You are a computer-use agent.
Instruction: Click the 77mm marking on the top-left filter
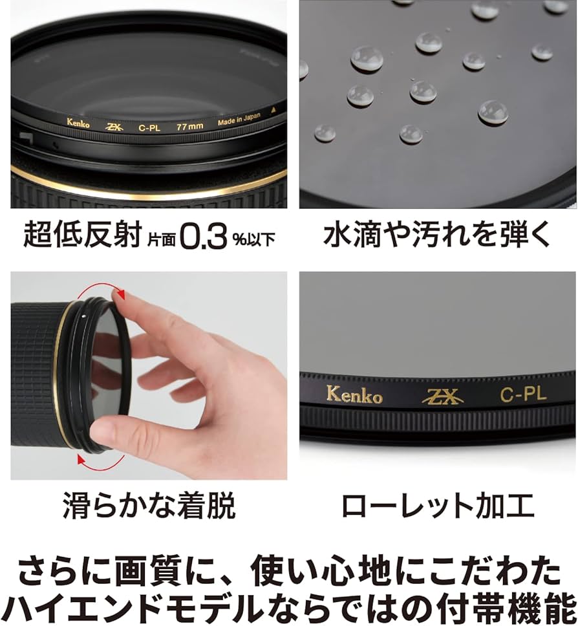(x=190, y=127)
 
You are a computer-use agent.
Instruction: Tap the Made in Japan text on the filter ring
(x=239, y=119)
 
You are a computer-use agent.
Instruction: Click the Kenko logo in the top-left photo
(x=78, y=123)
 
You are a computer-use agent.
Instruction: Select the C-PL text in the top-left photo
(x=149, y=128)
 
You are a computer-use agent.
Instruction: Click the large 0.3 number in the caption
(x=204, y=236)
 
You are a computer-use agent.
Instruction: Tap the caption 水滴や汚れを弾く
(x=437, y=235)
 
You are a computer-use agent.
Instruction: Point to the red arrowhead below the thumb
(x=81, y=459)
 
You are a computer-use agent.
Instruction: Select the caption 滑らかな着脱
(x=149, y=506)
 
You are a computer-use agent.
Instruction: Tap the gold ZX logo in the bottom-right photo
(x=442, y=397)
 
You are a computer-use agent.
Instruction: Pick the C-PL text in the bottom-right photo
(x=523, y=394)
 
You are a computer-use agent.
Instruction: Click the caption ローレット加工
(x=438, y=506)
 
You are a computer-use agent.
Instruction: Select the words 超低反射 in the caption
(x=83, y=235)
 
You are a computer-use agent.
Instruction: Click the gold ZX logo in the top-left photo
(x=114, y=127)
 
